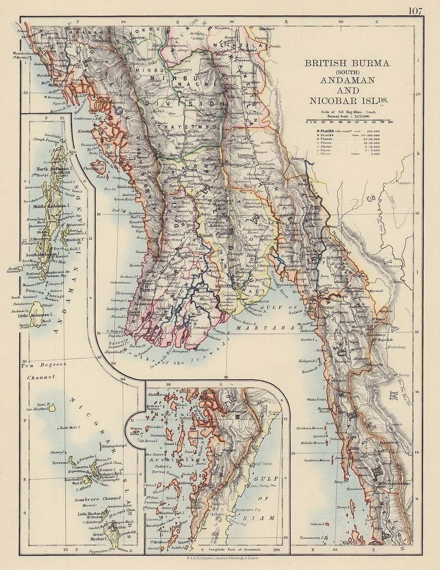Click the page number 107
click(415, 11)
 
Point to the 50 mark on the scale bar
click(349, 122)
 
